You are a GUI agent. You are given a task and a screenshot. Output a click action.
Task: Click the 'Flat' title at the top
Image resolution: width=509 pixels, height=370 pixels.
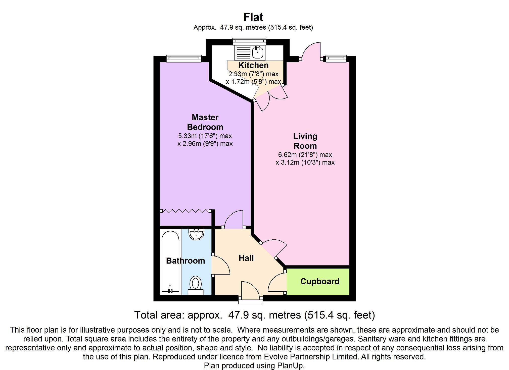click(x=253, y=17)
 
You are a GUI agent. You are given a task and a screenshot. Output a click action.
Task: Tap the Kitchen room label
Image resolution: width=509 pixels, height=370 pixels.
click(x=253, y=65)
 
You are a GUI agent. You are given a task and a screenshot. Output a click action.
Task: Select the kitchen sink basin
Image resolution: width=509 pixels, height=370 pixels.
click(x=258, y=52)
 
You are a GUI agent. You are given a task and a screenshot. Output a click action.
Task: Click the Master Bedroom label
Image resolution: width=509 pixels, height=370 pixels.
click(x=205, y=122)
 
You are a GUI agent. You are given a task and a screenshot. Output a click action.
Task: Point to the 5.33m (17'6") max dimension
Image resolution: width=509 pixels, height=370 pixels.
click(x=205, y=136)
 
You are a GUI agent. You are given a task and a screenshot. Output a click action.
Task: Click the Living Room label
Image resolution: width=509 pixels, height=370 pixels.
click(x=305, y=141)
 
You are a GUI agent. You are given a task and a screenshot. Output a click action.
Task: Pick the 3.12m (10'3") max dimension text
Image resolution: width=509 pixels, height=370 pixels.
click(x=305, y=163)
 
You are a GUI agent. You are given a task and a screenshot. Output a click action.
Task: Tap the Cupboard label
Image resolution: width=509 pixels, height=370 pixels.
click(x=320, y=281)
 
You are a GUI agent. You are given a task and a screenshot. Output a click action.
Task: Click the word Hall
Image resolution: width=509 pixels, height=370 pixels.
click(x=246, y=258)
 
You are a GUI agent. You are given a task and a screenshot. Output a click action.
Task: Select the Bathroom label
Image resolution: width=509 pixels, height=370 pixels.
click(x=186, y=261)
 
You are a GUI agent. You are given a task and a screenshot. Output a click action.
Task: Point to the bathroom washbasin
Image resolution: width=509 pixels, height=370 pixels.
click(x=196, y=234)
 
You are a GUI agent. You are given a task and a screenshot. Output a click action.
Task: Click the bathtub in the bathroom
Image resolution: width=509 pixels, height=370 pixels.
click(x=170, y=261)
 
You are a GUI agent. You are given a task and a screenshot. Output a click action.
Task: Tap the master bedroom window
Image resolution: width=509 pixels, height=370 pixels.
click(x=184, y=59)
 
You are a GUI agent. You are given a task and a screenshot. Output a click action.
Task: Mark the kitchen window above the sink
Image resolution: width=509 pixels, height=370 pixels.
click(x=249, y=41)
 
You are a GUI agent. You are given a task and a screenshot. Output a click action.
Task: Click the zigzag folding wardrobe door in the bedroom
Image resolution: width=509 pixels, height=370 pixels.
click(x=185, y=211)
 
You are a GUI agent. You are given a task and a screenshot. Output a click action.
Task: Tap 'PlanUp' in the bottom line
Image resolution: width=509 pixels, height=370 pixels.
click(x=291, y=365)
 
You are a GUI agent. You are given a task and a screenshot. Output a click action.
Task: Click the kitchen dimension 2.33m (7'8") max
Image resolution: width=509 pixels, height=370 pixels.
click(x=253, y=74)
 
